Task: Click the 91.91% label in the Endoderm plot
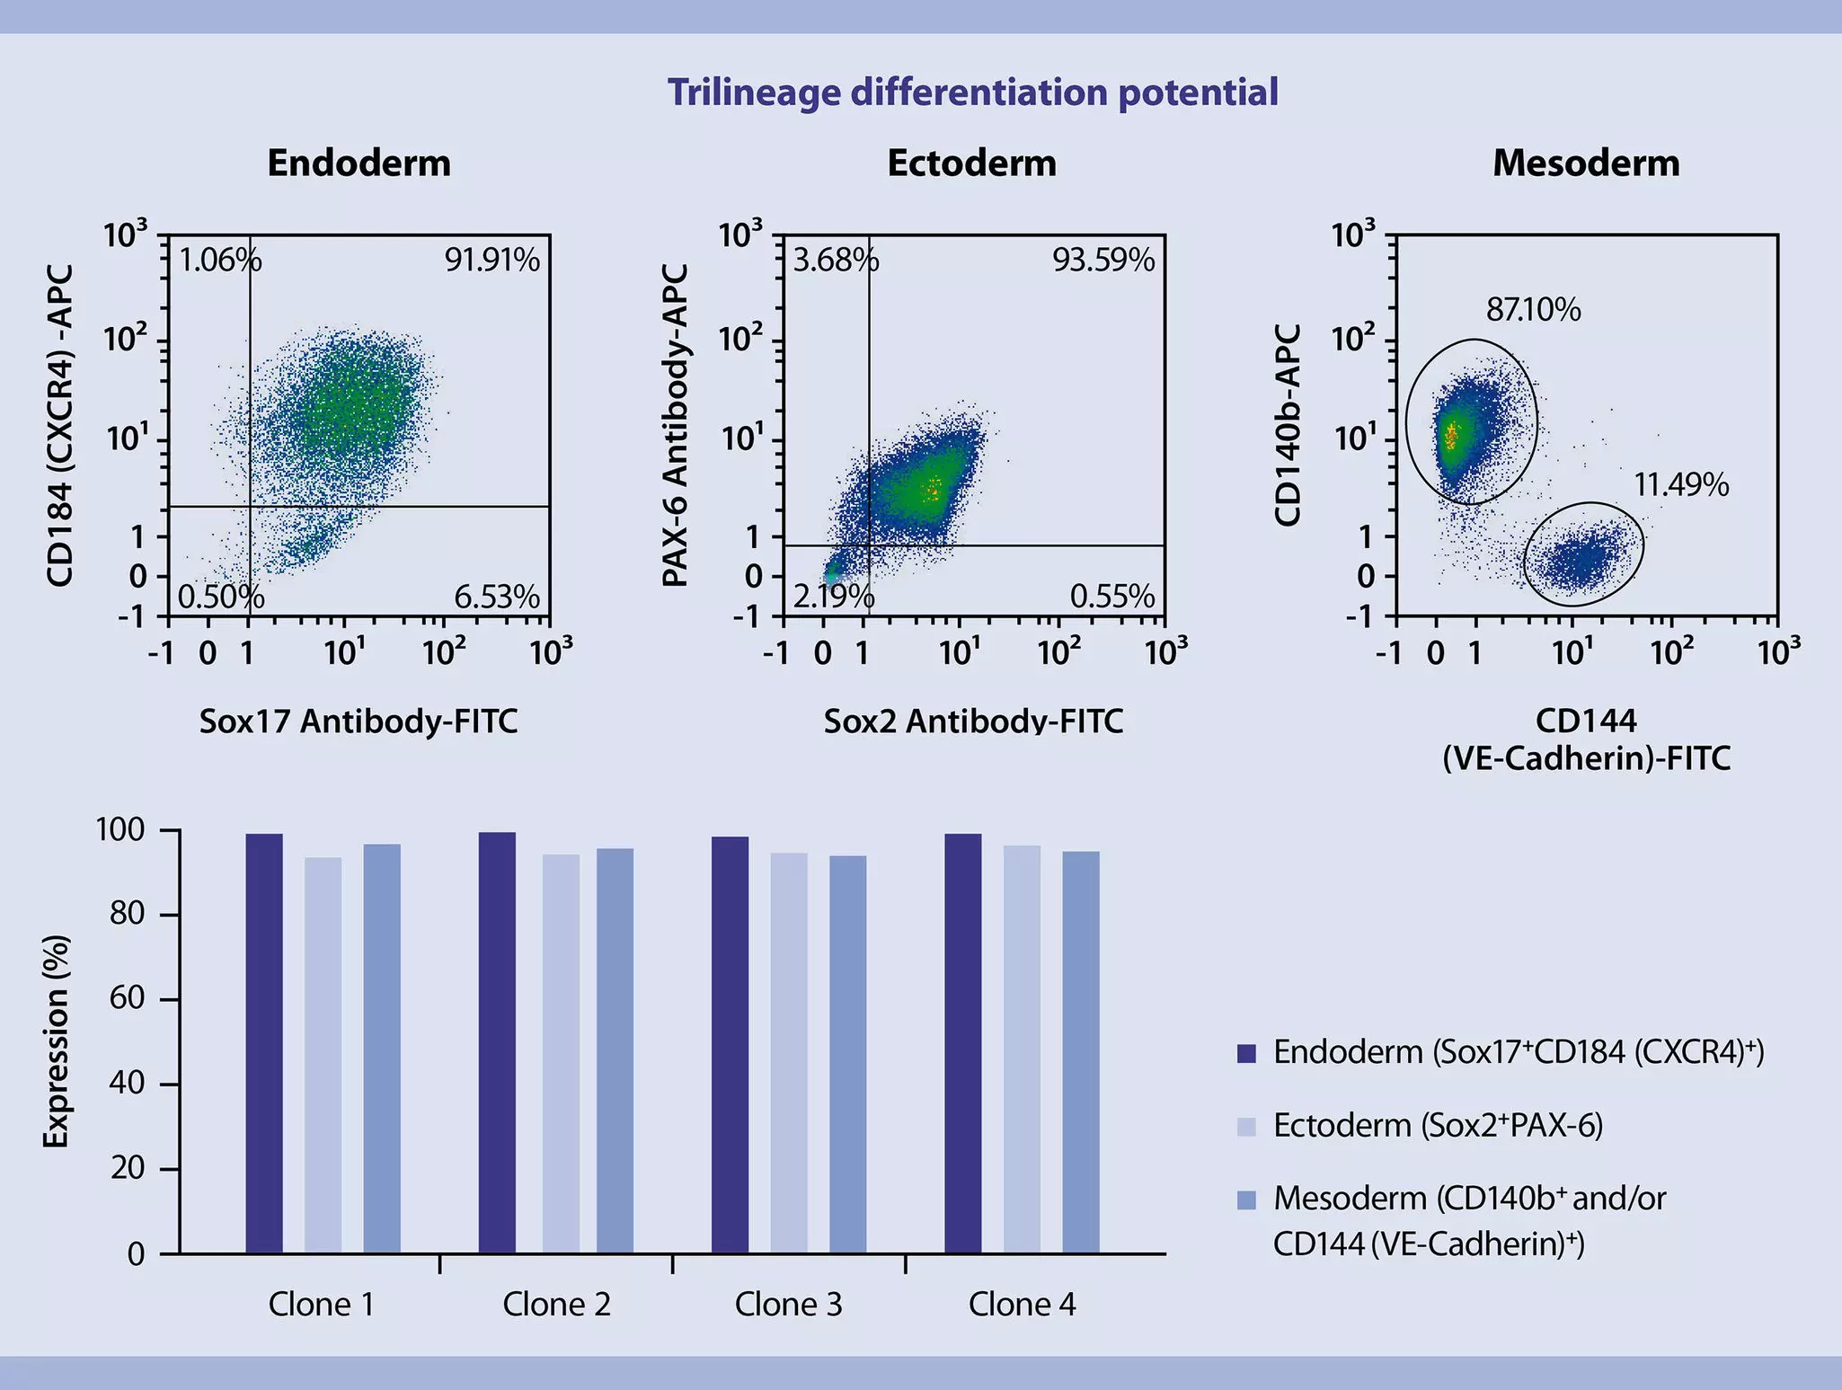pyautogui.click(x=491, y=261)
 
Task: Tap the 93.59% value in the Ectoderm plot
pyautogui.click(x=1103, y=261)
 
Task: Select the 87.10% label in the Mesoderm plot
pyautogui.click(x=1533, y=310)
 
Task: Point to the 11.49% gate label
pyautogui.click(x=1680, y=485)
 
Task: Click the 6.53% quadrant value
pyautogui.click(x=496, y=597)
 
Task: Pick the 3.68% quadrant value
pyautogui.click(x=835, y=261)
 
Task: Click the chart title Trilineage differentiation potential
pyautogui.click(x=972, y=93)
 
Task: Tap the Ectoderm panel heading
pyautogui.click(x=971, y=164)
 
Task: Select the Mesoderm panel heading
pyautogui.click(x=1585, y=164)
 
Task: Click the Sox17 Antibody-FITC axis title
pyautogui.click(x=358, y=722)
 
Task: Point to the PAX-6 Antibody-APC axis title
pyautogui.click(x=675, y=425)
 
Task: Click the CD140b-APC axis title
pyautogui.click(x=1288, y=425)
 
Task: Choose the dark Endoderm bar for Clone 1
pyautogui.click(x=264, y=1042)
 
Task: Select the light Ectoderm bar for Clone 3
pyautogui.click(x=788, y=1052)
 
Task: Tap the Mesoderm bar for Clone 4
pyautogui.click(x=1080, y=1051)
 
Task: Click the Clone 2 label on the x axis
pyautogui.click(x=556, y=1305)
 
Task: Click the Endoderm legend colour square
pyautogui.click(x=1245, y=1053)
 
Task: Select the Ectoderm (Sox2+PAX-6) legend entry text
pyautogui.click(x=1438, y=1126)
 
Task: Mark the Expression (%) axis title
pyautogui.click(x=56, y=1040)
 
